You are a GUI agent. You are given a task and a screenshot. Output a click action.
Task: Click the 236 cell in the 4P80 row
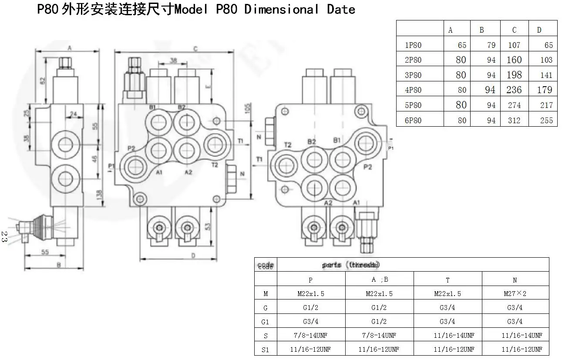pos(514,90)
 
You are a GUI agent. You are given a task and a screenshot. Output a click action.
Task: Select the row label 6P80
pos(413,121)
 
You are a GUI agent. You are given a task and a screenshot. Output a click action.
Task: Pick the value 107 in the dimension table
pos(514,45)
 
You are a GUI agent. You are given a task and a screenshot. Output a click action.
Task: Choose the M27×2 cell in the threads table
pos(515,293)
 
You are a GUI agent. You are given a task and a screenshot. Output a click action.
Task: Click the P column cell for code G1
pos(311,322)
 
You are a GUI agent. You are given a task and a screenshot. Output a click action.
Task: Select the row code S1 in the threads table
pos(266,349)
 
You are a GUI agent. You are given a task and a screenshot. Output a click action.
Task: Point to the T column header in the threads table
pos(447,280)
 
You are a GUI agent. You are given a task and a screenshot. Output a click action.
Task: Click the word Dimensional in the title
pos(282,10)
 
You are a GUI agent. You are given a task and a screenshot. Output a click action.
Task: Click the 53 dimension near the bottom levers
pos(208,226)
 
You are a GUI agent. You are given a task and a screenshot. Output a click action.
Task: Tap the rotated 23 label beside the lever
pos(4,237)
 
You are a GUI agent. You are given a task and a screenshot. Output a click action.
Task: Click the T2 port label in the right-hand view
pos(288,145)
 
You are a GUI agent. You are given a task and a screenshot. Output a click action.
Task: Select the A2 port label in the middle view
pos(188,172)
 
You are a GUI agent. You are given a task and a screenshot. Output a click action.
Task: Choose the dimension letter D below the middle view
pos(193,256)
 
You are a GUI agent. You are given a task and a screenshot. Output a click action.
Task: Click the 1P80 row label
pos(413,45)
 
